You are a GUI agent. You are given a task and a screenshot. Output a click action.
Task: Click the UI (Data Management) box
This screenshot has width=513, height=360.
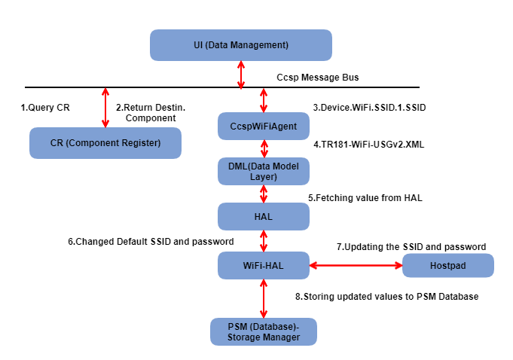click(x=240, y=45)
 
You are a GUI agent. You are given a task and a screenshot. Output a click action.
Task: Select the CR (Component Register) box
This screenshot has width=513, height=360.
click(x=105, y=143)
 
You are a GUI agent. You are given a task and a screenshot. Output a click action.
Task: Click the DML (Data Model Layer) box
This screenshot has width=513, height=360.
click(x=263, y=171)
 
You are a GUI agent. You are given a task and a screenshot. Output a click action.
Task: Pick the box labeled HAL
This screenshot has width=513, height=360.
click(x=263, y=216)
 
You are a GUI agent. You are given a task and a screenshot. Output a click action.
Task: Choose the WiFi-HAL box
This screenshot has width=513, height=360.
click(x=263, y=265)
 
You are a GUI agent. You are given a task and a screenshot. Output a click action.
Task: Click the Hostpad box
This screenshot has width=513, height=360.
click(x=447, y=266)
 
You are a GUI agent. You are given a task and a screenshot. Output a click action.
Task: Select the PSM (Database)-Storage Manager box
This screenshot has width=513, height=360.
click(x=263, y=331)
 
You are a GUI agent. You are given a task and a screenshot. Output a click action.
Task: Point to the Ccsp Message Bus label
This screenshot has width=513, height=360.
click(x=317, y=78)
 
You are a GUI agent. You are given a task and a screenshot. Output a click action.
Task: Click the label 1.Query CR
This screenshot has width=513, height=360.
click(x=44, y=108)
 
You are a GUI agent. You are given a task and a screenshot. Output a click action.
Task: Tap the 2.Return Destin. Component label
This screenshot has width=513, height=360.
click(x=150, y=113)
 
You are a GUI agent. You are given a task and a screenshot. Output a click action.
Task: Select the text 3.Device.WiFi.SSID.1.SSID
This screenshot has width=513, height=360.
click(x=369, y=108)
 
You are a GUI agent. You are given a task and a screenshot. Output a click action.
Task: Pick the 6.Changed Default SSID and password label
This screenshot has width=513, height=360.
click(x=151, y=242)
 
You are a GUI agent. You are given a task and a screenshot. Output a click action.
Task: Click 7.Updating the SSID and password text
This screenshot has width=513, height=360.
click(x=411, y=246)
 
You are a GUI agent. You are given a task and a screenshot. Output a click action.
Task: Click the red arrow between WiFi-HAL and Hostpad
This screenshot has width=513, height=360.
click(x=356, y=265)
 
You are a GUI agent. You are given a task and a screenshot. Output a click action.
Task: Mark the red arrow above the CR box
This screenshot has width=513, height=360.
click(x=105, y=107)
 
